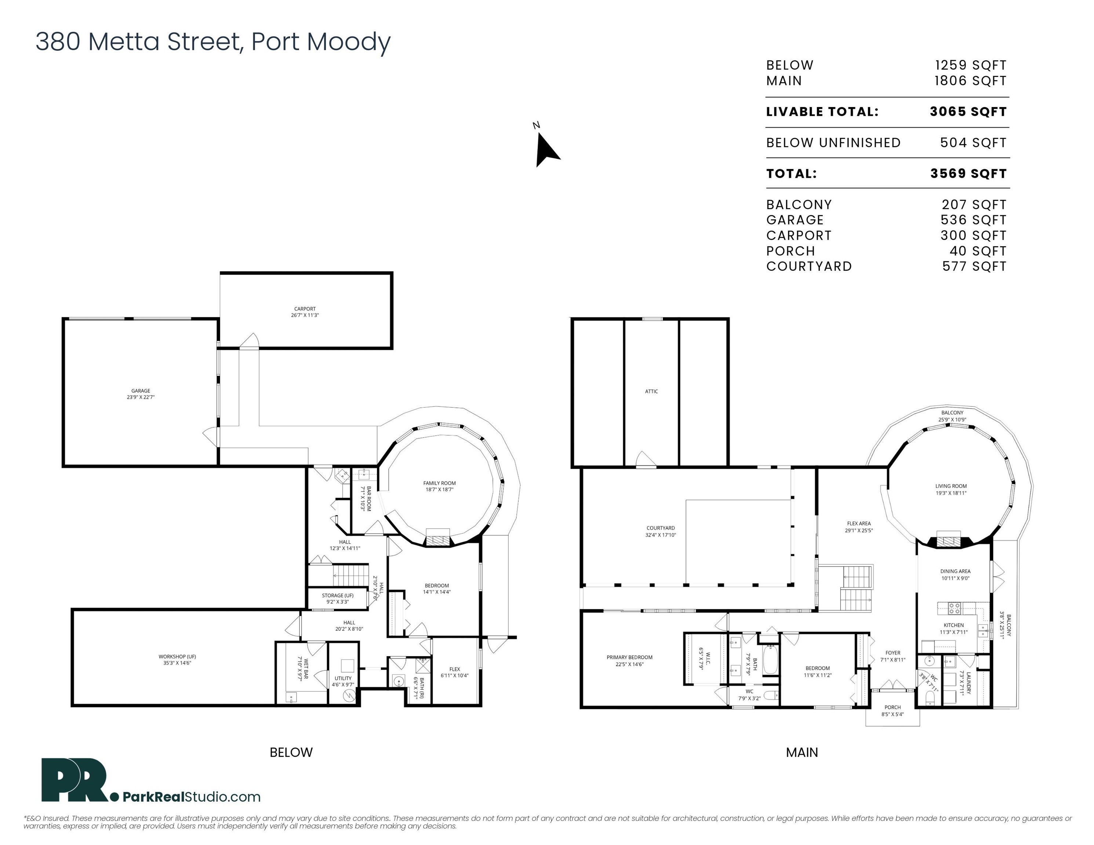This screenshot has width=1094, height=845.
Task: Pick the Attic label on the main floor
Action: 651,391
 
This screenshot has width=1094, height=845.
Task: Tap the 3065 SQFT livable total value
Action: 968,111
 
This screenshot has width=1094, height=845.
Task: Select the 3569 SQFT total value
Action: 968,174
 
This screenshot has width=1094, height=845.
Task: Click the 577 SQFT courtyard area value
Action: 974,266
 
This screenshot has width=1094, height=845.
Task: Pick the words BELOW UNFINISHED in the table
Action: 833,143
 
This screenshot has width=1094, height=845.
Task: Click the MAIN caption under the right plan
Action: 802,752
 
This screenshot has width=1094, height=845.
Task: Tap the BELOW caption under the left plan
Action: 291,752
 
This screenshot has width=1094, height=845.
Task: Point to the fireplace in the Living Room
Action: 947,540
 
